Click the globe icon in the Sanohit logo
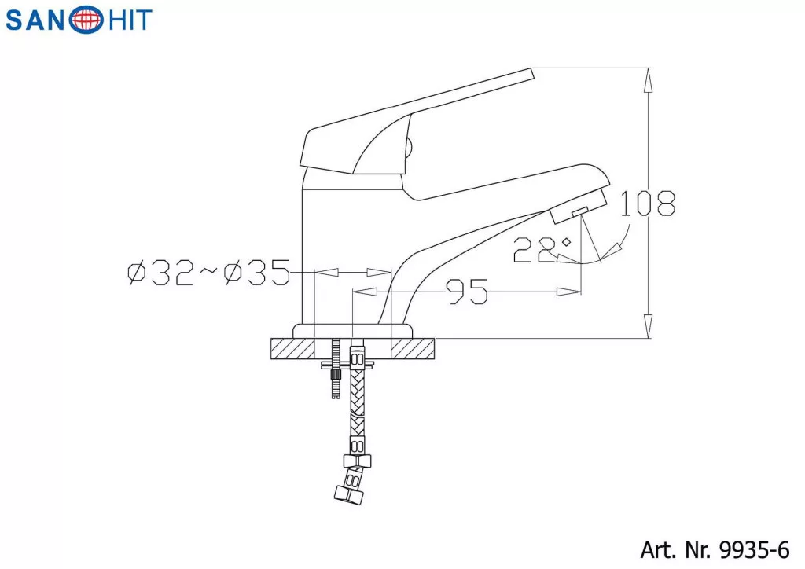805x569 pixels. point(88,20)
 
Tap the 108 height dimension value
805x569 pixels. point(648,204)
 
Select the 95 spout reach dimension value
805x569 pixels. point(467,292)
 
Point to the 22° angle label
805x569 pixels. point(541,250)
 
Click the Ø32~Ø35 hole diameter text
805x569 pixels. point(209,273)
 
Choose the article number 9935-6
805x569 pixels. point(754,550)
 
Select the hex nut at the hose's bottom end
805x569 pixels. point(350,494)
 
